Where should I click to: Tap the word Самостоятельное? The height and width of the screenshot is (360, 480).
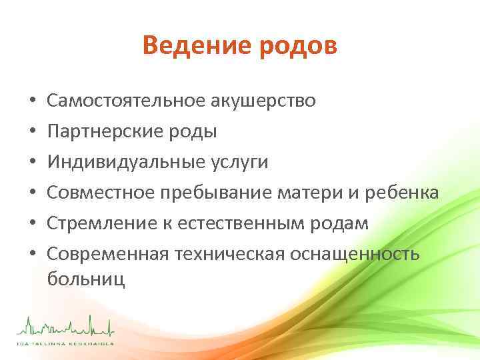[x=127, y=101]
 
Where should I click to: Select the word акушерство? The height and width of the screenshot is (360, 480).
[x=263, y=101]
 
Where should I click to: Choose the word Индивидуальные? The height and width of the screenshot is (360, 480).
[x=122, y=162]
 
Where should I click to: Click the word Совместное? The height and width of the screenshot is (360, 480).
[x=100, y=193]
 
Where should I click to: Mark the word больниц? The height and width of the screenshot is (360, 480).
[x=86, y=278]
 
